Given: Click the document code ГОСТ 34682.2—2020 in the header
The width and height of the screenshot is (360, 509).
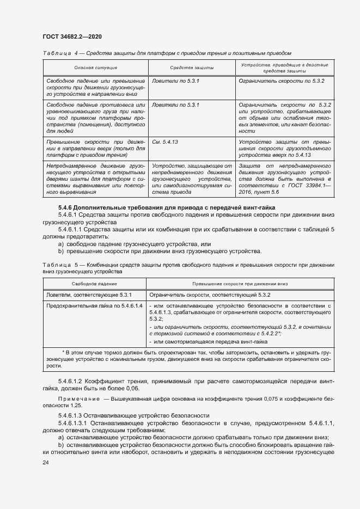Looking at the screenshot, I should coord(72,36).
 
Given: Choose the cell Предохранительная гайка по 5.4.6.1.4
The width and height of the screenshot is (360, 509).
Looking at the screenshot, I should coord(94,306).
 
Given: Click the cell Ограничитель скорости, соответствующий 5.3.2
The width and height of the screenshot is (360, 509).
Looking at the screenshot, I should coord(210,295).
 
